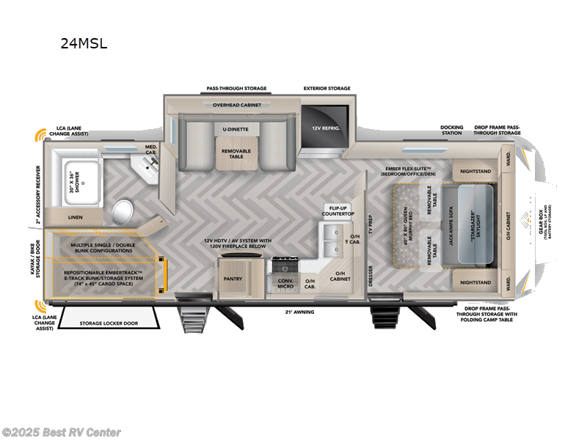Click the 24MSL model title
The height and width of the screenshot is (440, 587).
pyautogui.click(x=84, y=43)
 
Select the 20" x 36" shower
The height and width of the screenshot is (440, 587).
pyautogui.click(x=81, y=178)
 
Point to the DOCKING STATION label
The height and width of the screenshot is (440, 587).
pyautogui.click(x=452, y=130)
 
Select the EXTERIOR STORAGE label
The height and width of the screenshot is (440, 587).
pyautogui.click(x=327, y=89)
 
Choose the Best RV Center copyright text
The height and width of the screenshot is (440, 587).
pyautogui.click(x=62, y=433)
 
